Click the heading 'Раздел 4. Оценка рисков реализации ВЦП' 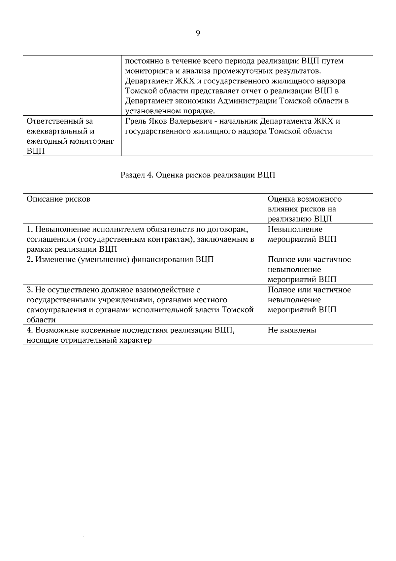tap(198, 175)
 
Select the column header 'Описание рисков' tap(58, 199)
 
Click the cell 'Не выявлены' tap(292, 330)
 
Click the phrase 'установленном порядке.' tap(170, 111)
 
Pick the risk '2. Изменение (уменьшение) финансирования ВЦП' tap(120, 260)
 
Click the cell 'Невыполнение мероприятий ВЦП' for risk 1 tap(302, 234)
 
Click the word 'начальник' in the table tap(239, 121)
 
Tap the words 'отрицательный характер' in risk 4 tap(106, 340)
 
